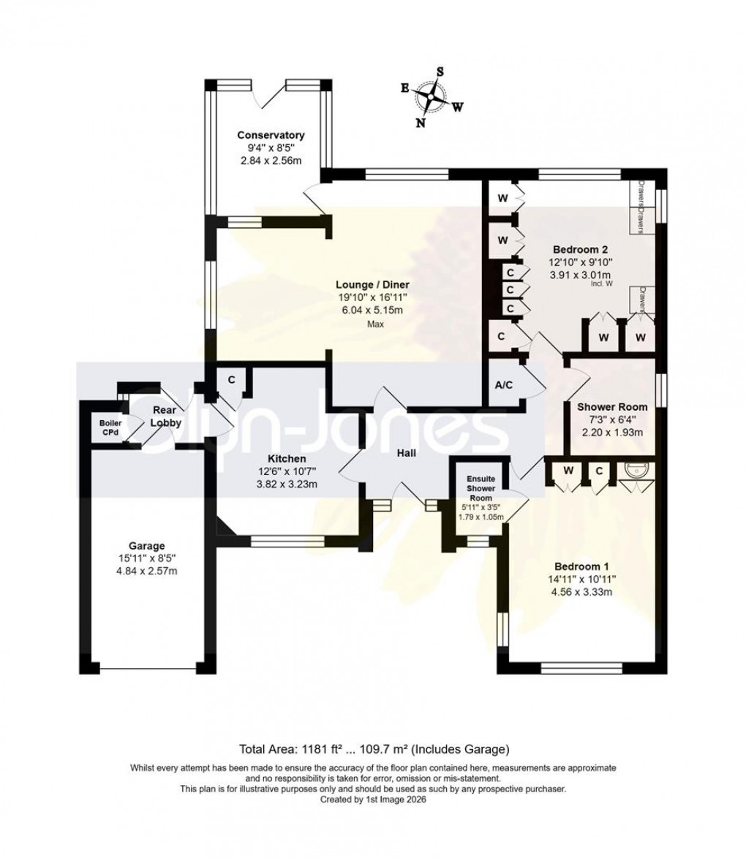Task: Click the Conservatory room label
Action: tap(271, 135)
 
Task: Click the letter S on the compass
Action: tap(440, 72)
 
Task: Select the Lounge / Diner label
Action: tap(372, 284)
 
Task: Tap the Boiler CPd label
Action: tap(110, 427)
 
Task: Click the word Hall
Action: tap(406, 454)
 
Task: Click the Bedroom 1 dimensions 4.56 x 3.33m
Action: tap(581, 591)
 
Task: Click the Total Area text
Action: tap(373, 749)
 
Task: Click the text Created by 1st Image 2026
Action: tap(373, 800)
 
